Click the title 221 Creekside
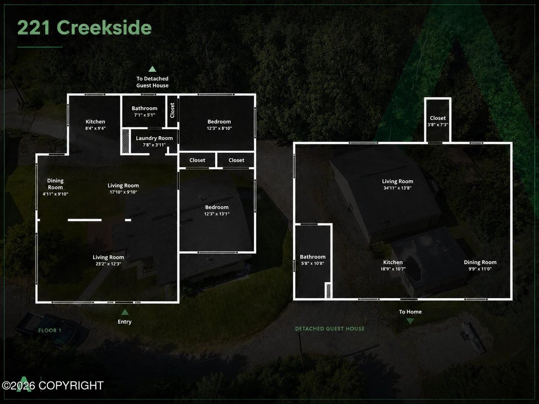pos(84,27)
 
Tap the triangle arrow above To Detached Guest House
pos(152,69)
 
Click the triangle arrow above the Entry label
pos(125,312)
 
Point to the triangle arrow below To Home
pos(410,321)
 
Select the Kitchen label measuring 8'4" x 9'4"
pos(96,125)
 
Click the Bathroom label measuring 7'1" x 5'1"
pos(145,111)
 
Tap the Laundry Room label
pos(154,141)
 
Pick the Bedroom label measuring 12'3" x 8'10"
pos(220,125)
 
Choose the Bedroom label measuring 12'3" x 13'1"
pos(217,210)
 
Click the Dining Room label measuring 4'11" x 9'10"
pos(55,187)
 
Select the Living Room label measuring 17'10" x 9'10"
pos(123,189)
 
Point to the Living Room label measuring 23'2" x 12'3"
pos(108,261)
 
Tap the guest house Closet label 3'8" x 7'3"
pos(438,121)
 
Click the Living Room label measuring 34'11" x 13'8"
pos(397,185)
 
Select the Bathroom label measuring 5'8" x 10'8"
pos(313,260)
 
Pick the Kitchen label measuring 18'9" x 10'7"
pos(393,265)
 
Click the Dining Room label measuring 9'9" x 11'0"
pos(480,265)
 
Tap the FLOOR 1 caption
pos(50,331)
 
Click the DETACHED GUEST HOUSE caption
pos(330,329)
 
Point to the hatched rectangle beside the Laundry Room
pos(126,141)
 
